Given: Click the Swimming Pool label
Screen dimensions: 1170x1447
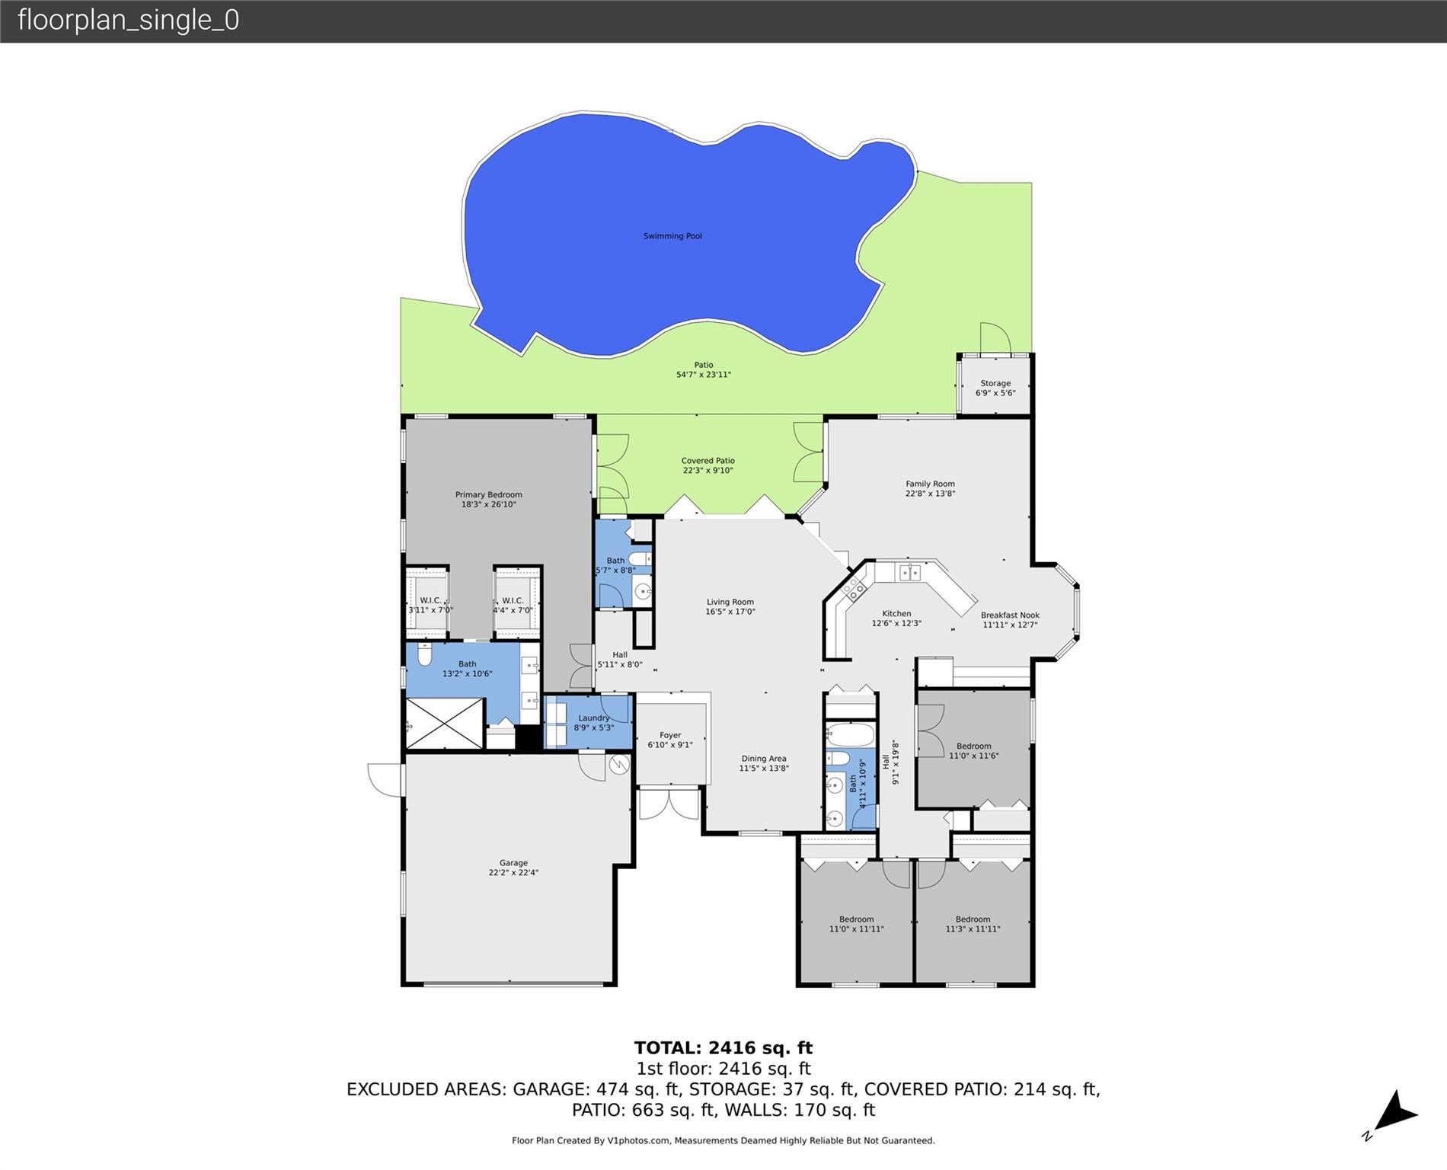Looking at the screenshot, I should (672, 236).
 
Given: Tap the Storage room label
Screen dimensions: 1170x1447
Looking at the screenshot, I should (995, 384).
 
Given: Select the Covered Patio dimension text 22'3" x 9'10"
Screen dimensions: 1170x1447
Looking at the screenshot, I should (708, 471).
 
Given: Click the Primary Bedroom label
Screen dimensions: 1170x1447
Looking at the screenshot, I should (488, 495).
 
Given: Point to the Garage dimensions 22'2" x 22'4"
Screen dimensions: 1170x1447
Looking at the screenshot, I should (513, 873).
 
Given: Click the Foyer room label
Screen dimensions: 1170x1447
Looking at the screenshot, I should (670, 736).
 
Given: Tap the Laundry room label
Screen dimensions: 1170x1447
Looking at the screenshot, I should (593, 718).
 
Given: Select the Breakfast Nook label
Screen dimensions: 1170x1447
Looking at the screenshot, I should (1009, 615).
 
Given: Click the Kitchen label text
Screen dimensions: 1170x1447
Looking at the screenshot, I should (896, 614).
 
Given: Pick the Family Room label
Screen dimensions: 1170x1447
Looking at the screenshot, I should (929, 484).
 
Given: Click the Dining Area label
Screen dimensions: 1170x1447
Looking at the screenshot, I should (763, 759).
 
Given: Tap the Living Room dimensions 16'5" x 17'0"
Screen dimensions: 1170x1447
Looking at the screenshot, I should (730, 612).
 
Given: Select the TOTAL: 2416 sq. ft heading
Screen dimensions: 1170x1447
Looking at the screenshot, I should (723, 1048).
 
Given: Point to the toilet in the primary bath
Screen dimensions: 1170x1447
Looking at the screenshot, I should (425, 654).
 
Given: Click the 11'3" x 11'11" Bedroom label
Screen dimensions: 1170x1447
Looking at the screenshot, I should (973, 919).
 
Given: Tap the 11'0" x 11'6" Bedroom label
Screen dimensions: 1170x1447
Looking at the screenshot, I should (973, 746).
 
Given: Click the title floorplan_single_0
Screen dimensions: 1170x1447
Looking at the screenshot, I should (128, 20).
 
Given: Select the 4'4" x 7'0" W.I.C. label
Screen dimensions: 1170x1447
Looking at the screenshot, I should (513, 601).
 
